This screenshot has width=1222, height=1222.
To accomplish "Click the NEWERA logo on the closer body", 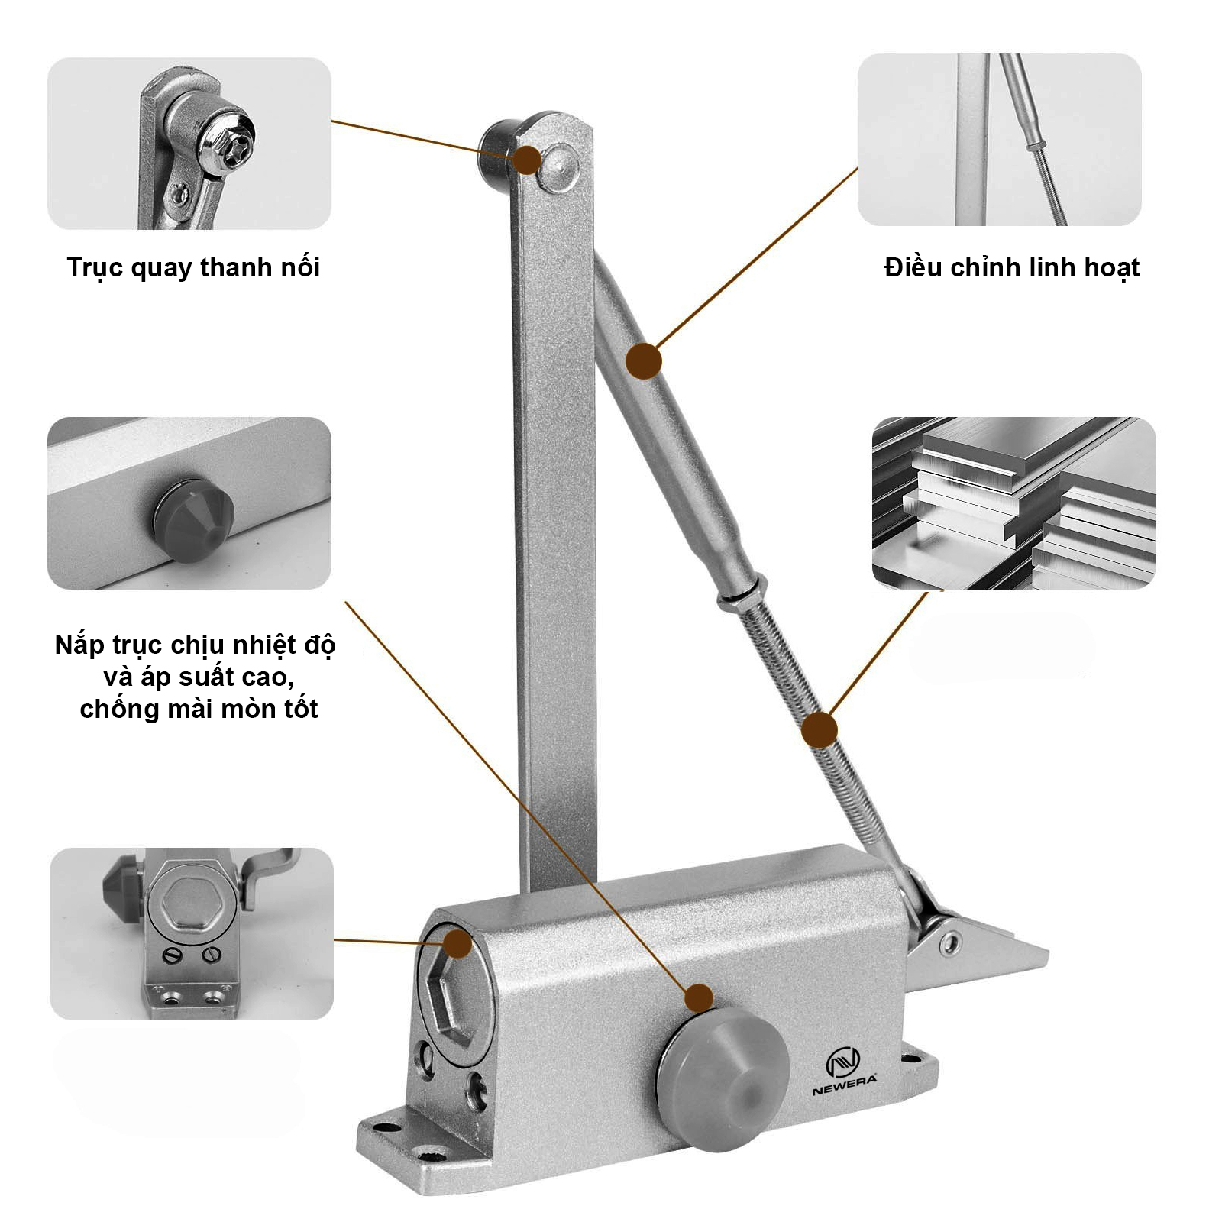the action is [843, 1072].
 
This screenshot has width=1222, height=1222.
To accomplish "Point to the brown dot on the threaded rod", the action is [820, 730].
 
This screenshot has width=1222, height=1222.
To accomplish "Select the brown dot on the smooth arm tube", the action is [644, 360].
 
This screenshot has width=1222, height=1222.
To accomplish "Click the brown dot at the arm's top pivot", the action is [527, 160].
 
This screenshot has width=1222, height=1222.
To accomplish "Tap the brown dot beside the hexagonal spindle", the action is [458, 943].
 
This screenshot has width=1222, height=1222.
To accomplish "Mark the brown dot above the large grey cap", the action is [699, 997].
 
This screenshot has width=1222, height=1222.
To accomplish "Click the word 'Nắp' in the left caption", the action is [79, 646].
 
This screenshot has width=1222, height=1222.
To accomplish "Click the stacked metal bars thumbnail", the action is [1013, 503].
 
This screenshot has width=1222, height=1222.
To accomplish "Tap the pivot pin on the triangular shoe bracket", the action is [949, 944].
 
